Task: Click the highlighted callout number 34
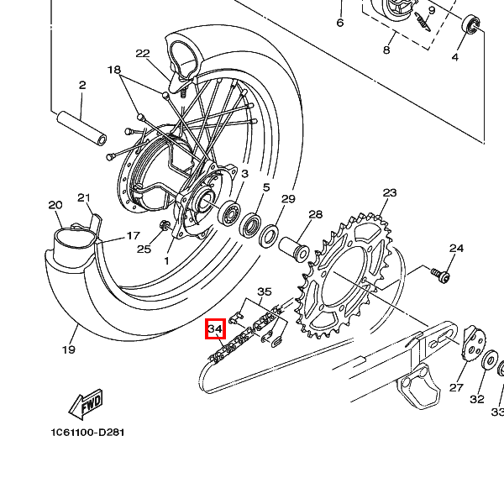[214, 328]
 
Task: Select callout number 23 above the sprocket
[389, 193]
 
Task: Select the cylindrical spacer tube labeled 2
[81, 123]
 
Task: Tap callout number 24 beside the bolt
[456, 249]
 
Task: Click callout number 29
[288, 199]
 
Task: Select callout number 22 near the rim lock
[142, 54]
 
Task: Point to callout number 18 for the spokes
[114, 70]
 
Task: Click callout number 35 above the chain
[265, 291]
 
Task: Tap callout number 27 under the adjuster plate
[456, 387]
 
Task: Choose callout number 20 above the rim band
[55, 205]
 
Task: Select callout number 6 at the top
[340, 23]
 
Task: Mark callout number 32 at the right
[477, 399]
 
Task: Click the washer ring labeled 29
[270, 236]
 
